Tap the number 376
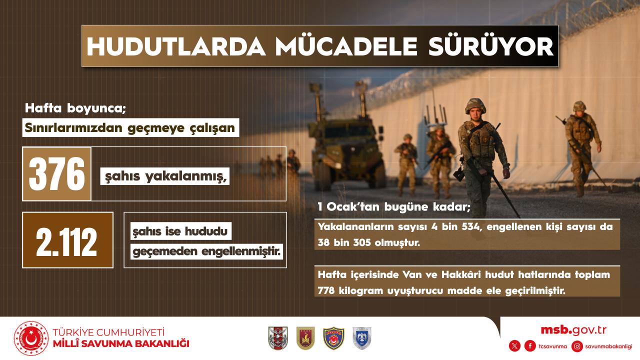click(57, 174)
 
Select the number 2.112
click(67, 242)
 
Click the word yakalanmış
click(185, 176)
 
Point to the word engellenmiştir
click(241, 251)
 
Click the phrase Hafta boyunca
click(75, 108)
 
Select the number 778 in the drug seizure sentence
click(325, 291)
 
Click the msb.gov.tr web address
click(573, 330)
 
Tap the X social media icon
click(514, 346)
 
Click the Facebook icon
click(530, 346)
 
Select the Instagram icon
click(577, 346)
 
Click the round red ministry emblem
click(31, 338)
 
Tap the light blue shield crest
click(362, 338)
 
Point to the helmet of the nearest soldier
click(475, 105)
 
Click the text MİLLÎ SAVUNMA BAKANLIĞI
click(121, 343)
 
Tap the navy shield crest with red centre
click(333, 338)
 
